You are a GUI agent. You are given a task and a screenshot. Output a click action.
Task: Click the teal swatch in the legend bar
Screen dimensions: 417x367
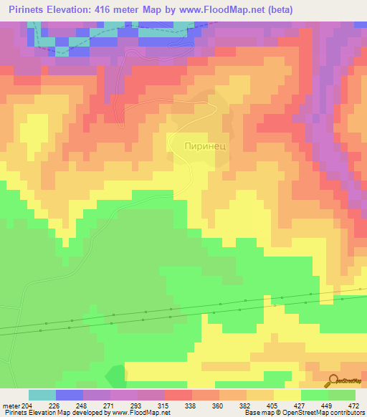coord(42,396)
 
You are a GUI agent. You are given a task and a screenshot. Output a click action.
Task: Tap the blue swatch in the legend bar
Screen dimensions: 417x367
coord(70,396)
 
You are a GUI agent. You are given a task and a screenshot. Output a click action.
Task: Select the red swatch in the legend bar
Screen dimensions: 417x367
coord(178,396)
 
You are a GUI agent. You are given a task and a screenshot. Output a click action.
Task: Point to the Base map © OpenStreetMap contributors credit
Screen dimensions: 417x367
coord(303,412)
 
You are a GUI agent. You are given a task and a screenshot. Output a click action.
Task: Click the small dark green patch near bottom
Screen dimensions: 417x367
coord(115,375)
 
